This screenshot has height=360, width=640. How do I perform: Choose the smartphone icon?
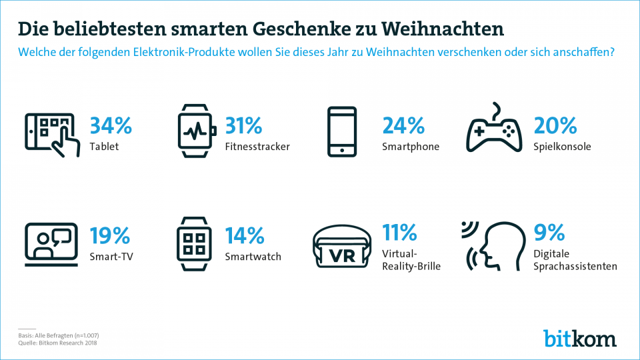(343, 131)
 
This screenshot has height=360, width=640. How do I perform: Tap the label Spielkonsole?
(563, 146)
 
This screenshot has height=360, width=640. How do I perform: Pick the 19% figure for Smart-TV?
(110, 235)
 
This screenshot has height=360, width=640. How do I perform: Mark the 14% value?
(244, 235)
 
